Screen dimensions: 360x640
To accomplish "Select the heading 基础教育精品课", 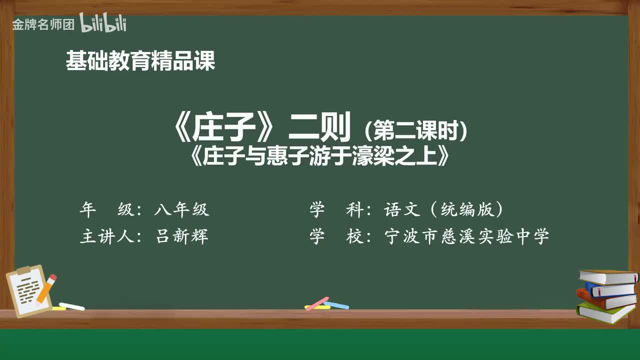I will click(140, 61).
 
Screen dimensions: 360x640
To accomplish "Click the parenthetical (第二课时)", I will click(416, 132).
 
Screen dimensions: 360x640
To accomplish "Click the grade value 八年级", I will click(181, 210).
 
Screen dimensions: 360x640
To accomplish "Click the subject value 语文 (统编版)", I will click(443, 210).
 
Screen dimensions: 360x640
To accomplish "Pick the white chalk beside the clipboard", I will click(71, 306).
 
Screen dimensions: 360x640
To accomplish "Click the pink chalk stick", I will click(316, 303).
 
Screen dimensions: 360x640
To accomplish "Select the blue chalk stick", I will click(336, 304).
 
